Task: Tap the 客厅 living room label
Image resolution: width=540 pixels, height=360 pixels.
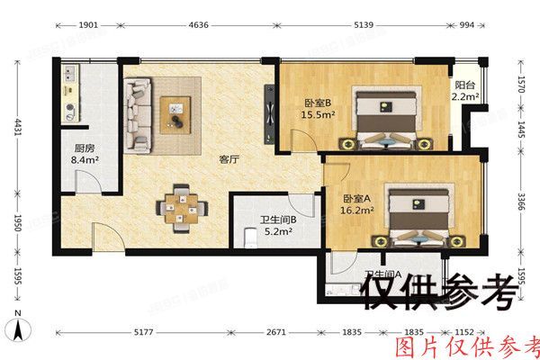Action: point(229,159)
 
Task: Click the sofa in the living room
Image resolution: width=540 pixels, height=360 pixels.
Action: point(139,113)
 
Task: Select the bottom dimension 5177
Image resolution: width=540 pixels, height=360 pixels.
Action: point(145,333)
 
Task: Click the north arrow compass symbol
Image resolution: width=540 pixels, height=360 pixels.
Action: point(18,319)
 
